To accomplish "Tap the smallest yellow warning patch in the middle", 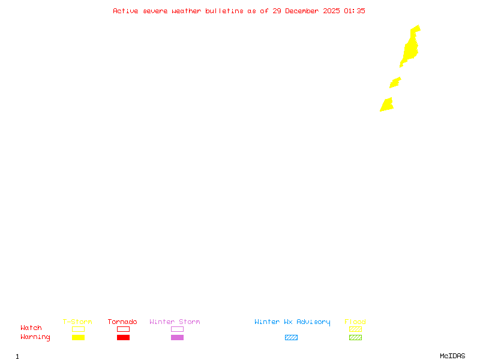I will [x=395, y=82].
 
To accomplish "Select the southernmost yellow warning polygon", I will [x=387, y=106].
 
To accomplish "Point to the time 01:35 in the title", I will [x=355, y=11].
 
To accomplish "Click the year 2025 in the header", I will [x=331, y=11].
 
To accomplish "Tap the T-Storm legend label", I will [x=77, y=322].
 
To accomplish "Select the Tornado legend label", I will [x=122, y=322].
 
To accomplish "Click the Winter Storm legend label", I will [x=175, y=322].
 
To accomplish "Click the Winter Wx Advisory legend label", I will [x=292, y=322].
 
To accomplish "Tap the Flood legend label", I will [x=355, y=322].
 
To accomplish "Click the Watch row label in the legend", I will [x=31, y=328].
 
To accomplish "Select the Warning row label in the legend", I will [x=35, y=337].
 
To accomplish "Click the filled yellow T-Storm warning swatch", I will [x=78, y=337].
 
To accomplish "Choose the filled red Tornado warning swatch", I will [x=123, y=337].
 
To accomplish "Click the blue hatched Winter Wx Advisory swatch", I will [x=291, y=337].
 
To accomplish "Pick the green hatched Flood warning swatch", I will [x=355, y=337].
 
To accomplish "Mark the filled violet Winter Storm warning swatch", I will [x=177, y=337].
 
